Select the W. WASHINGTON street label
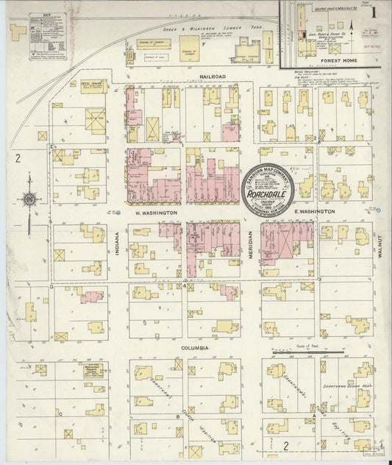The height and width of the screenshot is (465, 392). [154, 212]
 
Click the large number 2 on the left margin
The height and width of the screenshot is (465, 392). [15, 157]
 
